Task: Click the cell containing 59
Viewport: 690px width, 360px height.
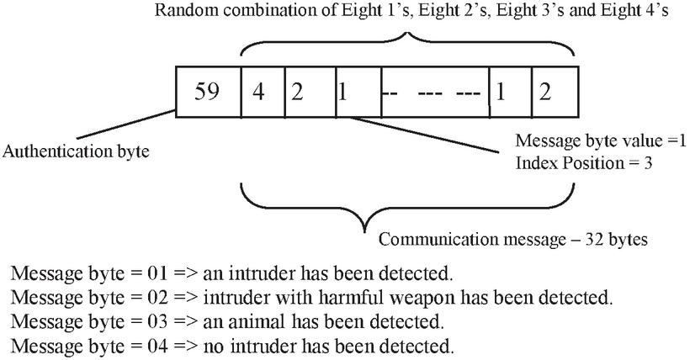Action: (207, 91)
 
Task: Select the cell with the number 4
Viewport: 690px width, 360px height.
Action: (262, 91)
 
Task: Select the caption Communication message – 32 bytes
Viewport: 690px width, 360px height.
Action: (512, 240)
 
